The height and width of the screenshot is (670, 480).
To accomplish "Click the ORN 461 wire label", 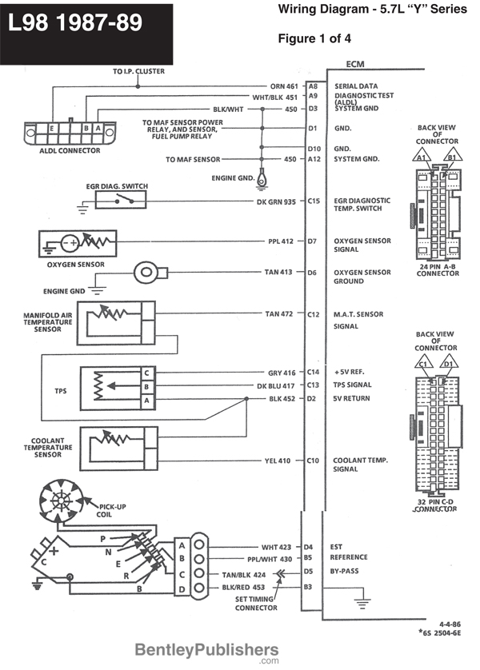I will coord(284,86).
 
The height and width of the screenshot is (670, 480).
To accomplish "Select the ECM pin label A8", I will coord(313,86).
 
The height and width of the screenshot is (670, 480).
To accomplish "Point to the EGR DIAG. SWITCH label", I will coord(118,185).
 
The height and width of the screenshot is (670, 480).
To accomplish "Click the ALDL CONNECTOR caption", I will coord(69,150).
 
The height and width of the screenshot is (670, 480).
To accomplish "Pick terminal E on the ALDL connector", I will coord(52,128).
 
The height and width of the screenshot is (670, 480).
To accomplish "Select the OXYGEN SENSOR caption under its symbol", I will coord(76,264).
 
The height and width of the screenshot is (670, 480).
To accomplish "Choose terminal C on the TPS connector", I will coord(146,373).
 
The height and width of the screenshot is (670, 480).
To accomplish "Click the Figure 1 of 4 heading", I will coord(314,38).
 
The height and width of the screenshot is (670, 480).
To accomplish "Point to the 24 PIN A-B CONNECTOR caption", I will coord(438,269).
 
